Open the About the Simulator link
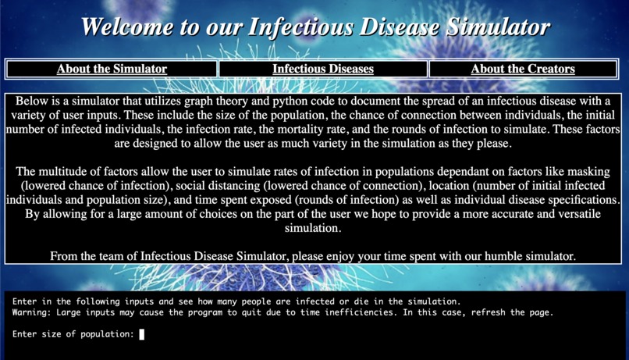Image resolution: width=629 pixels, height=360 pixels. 112,69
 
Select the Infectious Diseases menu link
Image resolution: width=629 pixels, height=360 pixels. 323,69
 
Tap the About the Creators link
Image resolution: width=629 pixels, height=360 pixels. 523,69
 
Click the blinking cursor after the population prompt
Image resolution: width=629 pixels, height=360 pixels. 142,334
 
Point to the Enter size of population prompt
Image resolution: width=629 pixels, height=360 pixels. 73,334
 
